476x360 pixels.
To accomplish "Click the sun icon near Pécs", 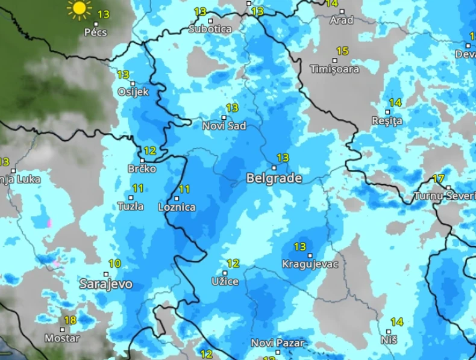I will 79,9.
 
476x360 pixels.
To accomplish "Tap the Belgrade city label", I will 274,178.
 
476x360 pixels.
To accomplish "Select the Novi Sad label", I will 224,126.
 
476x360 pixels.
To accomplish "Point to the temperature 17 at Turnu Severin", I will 438,179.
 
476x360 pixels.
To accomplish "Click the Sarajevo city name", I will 106,284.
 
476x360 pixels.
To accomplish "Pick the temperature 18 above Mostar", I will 70,320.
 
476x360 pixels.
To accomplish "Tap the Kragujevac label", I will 310,264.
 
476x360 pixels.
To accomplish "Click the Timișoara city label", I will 334,69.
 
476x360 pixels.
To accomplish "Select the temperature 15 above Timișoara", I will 342,51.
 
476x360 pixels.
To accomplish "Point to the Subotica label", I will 210,28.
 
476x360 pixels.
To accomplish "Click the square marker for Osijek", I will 133,84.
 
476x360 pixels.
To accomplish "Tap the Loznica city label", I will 176,206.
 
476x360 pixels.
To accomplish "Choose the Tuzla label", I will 131,206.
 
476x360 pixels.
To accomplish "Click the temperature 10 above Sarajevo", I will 114,263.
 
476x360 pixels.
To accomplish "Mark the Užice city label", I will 225,281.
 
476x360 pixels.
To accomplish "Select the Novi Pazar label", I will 278,343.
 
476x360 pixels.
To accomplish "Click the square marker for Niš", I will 389,331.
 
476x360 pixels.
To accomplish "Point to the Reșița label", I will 387,120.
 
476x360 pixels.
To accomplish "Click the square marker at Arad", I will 342,11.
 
